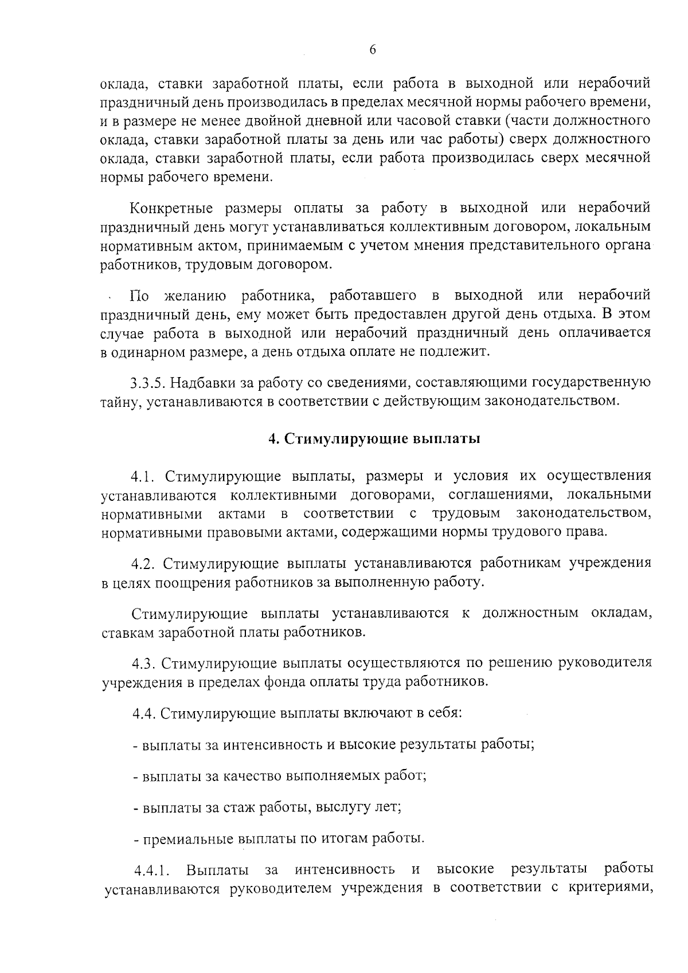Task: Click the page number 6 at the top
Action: click(372, 50)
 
